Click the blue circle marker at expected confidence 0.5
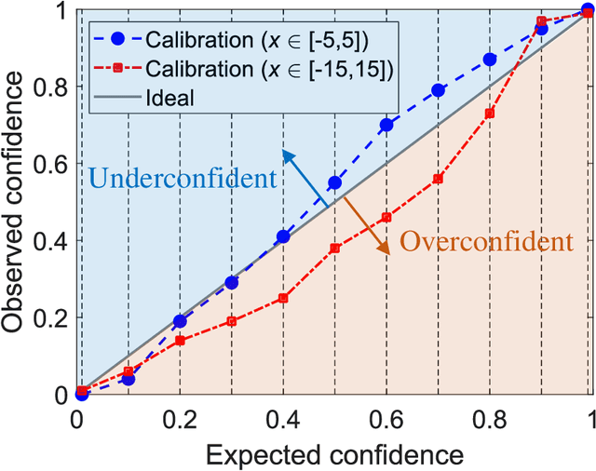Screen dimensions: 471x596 point(335,183)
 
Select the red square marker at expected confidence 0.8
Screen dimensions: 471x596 point(490,114)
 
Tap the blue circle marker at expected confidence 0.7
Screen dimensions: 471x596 point(439,90)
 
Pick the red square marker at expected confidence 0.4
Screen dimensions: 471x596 point(284,299)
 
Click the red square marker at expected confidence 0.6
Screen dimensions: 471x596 point(387,218)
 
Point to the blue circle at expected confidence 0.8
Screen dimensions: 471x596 point(490,60)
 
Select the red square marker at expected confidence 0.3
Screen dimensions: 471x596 point(232,321)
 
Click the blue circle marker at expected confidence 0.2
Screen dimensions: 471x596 point(181,321)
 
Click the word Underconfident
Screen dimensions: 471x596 point(183,179)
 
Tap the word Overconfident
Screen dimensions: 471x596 point(485,243)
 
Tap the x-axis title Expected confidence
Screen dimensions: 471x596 point(334,455)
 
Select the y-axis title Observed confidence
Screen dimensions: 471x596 point(16,202)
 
